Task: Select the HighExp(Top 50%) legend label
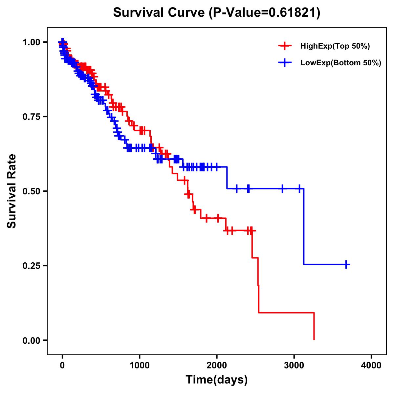click(335, 46)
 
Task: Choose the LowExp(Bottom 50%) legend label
click(341, 63)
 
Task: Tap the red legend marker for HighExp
click(285, 46)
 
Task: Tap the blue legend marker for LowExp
click(285, 62)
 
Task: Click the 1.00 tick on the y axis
click(32, 42)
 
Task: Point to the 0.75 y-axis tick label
click(32, 117)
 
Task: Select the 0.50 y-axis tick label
click(32, 191)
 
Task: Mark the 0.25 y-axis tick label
click(32, 266)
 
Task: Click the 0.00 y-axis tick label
click(32, 340)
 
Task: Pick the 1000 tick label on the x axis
click(140, 365)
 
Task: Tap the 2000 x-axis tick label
click(217, 365)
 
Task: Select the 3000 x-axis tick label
click(294, 365)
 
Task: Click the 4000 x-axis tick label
click(371, 365)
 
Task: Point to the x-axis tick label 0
click(62, 365)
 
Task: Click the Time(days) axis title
click(217, 380)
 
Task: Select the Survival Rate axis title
click(12, 191)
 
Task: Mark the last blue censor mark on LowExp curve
click(346, 264)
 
